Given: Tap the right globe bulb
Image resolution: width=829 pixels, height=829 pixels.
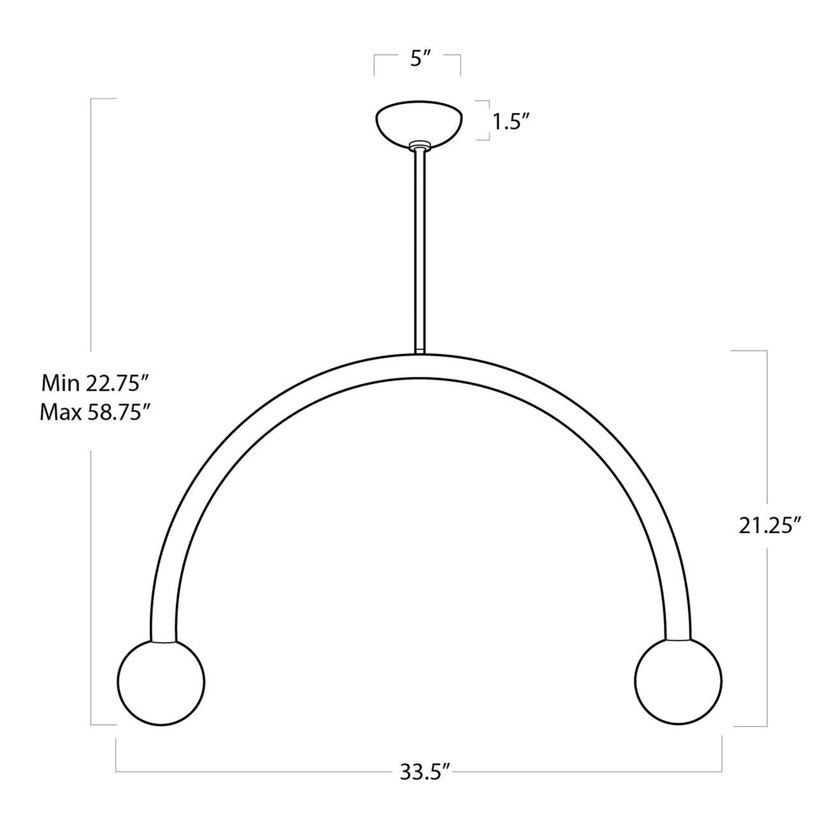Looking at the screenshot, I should [x=679, y=681].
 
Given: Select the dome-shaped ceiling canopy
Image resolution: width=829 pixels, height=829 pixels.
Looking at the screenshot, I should [x=418, y=121].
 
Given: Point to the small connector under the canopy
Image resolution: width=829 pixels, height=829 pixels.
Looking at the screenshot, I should [x=419, y=147].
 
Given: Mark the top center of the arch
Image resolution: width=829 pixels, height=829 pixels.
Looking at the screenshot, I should [x=419, y=367].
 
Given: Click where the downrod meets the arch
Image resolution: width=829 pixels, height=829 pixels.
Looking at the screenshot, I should [x=419, y=353].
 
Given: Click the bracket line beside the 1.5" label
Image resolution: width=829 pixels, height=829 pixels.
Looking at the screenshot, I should [x=489, y=120].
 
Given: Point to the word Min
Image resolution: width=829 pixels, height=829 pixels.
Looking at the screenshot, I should [x=61, y=383].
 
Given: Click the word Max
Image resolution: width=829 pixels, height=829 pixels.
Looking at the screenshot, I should [x=61, y=413].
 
